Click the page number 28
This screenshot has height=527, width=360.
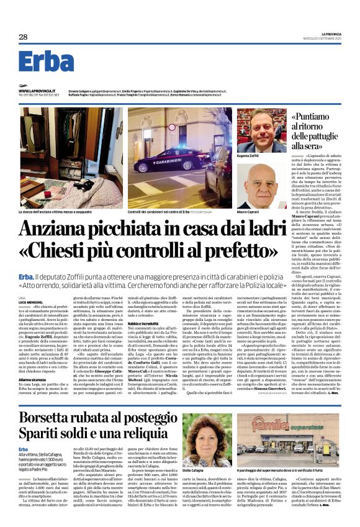23,37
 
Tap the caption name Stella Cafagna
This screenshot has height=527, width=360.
194,471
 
